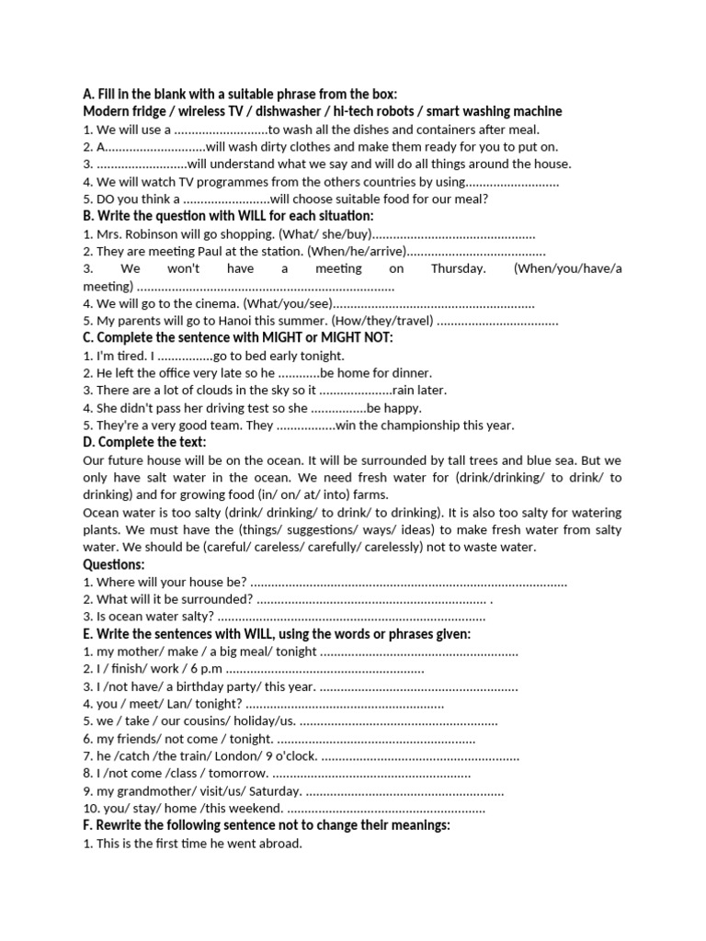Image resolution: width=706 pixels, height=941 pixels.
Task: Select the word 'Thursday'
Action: [x=458, y=269]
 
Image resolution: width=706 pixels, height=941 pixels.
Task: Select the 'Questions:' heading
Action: [x=114, y=564]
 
